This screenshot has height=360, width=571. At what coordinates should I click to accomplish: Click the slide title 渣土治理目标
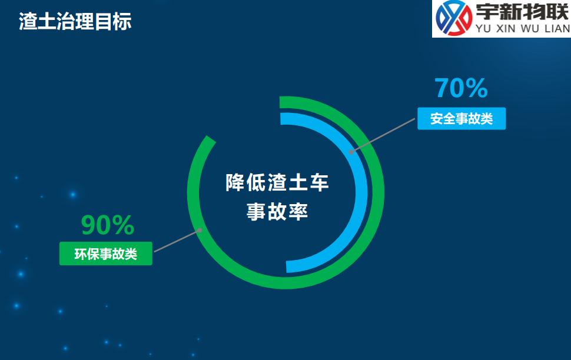click(75, 22)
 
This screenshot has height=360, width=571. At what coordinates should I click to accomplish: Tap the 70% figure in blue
click(461, 88)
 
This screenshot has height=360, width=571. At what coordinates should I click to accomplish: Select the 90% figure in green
click(107, 225)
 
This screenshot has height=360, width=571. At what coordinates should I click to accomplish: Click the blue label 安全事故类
click(462, 119)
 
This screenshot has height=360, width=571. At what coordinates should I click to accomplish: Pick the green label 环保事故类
click(105, 254)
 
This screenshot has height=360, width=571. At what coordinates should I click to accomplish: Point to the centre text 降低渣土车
click(277, 183)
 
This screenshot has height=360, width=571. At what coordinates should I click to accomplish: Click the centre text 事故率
click(277, 212)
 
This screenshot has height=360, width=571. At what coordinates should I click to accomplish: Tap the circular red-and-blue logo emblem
click(454, 18)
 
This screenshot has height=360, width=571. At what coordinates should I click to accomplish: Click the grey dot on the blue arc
click(351, 152)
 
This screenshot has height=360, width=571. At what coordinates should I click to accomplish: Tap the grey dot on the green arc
click(200, 230)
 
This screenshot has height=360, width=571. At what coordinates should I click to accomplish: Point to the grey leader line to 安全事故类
click(383, 135)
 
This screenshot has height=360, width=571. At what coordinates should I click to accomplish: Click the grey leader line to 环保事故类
click(177, 241)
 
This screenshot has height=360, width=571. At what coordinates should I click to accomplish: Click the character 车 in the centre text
click(320, 183)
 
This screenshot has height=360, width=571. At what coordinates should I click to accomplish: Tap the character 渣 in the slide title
click(28, 22)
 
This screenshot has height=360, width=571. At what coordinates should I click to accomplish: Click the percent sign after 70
click(476, 88)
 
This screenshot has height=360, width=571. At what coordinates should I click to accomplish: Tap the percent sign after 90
click(123, 225)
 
